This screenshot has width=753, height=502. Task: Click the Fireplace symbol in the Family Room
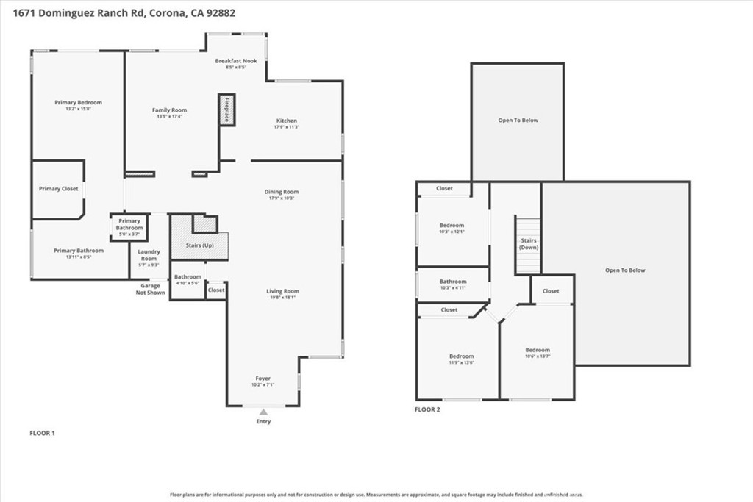click(x=226, y=110)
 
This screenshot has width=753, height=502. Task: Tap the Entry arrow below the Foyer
click(x=263, y=412)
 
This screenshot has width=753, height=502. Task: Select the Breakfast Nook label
click(x=236, y=61)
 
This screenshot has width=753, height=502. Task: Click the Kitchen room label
click(x=287, y=121)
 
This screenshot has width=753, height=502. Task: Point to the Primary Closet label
click(x=58, y=189)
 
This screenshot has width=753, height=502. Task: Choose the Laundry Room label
click(x=149, y=255)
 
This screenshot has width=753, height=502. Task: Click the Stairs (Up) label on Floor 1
click(x=199, y=245)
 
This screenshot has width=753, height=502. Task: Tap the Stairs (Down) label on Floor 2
click(x=529, y=244)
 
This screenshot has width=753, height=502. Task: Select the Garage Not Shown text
click(x=150, y=289)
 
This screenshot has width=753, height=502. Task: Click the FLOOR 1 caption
click(x=42, y=434)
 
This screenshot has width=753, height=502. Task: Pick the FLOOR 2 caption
click(x=427, y=409)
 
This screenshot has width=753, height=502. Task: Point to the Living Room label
click(x=282, y=291)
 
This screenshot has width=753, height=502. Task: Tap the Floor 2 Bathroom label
click(x=453, y=282)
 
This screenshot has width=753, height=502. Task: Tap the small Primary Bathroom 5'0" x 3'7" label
click(x=129, y=224)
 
